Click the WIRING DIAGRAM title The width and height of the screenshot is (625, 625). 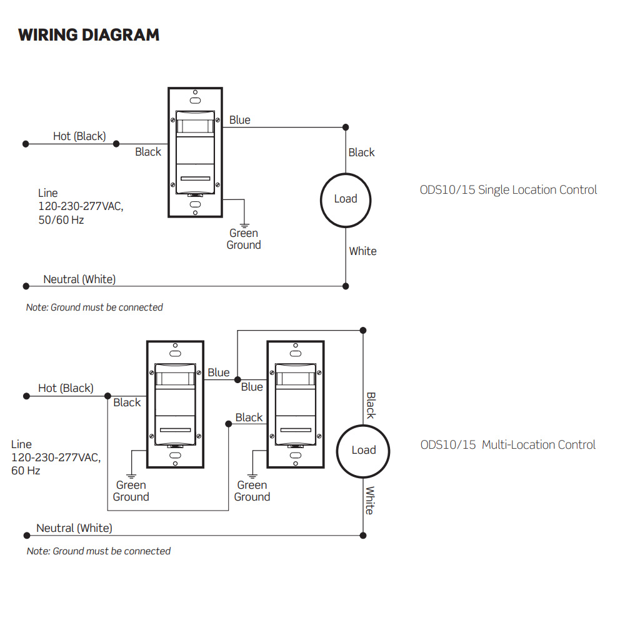(89, 34)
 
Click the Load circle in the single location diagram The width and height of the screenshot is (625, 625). (346, 199)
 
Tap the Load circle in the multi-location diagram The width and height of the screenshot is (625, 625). (363, 450)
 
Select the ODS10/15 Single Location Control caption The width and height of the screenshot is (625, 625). (508, 190)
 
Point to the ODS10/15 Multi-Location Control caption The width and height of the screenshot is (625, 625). (508, 445)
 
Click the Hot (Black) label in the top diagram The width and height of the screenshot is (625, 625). (79, 136)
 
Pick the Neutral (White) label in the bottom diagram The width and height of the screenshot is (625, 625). (74, 528)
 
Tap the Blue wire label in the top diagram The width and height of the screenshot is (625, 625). (239, 119)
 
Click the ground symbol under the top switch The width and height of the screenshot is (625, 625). (244, 222)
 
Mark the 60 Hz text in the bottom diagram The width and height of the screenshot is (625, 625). (26, 470)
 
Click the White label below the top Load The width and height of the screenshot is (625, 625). (362, 251)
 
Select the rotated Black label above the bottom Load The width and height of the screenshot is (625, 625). (371, 405)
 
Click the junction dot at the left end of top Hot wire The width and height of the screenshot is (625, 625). (26, 144)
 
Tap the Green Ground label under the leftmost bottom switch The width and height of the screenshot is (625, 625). (131, 491)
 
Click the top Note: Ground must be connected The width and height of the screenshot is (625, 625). (94, 307)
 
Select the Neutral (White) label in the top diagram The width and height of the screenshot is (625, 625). (79, 279)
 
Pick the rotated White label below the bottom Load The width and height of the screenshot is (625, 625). (370, 500)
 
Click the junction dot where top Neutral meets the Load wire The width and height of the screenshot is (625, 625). (346, 286)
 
